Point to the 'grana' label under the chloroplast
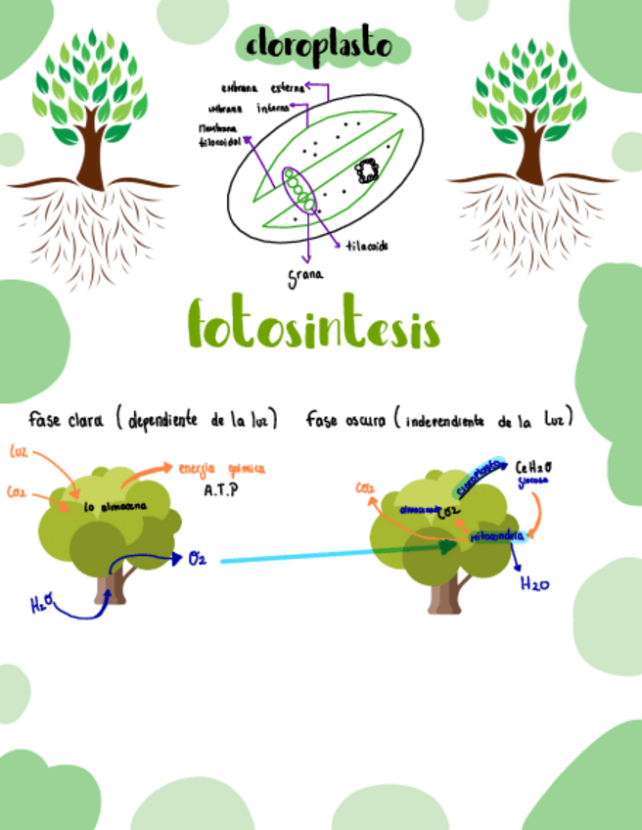click(305, 275)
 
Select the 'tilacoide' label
click(367, 246)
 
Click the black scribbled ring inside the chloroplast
click(369, 171)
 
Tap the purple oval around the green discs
click(299, 191)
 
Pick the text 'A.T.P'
click(221, 490)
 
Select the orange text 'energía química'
click(221, 469)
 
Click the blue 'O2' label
click(197, 559)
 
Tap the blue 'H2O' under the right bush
click(535, 585)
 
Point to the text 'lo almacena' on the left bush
click(115, 506)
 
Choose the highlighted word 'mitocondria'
click(497, 536)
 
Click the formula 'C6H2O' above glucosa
click(533, 468)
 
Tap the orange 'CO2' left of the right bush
click(365, 487)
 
